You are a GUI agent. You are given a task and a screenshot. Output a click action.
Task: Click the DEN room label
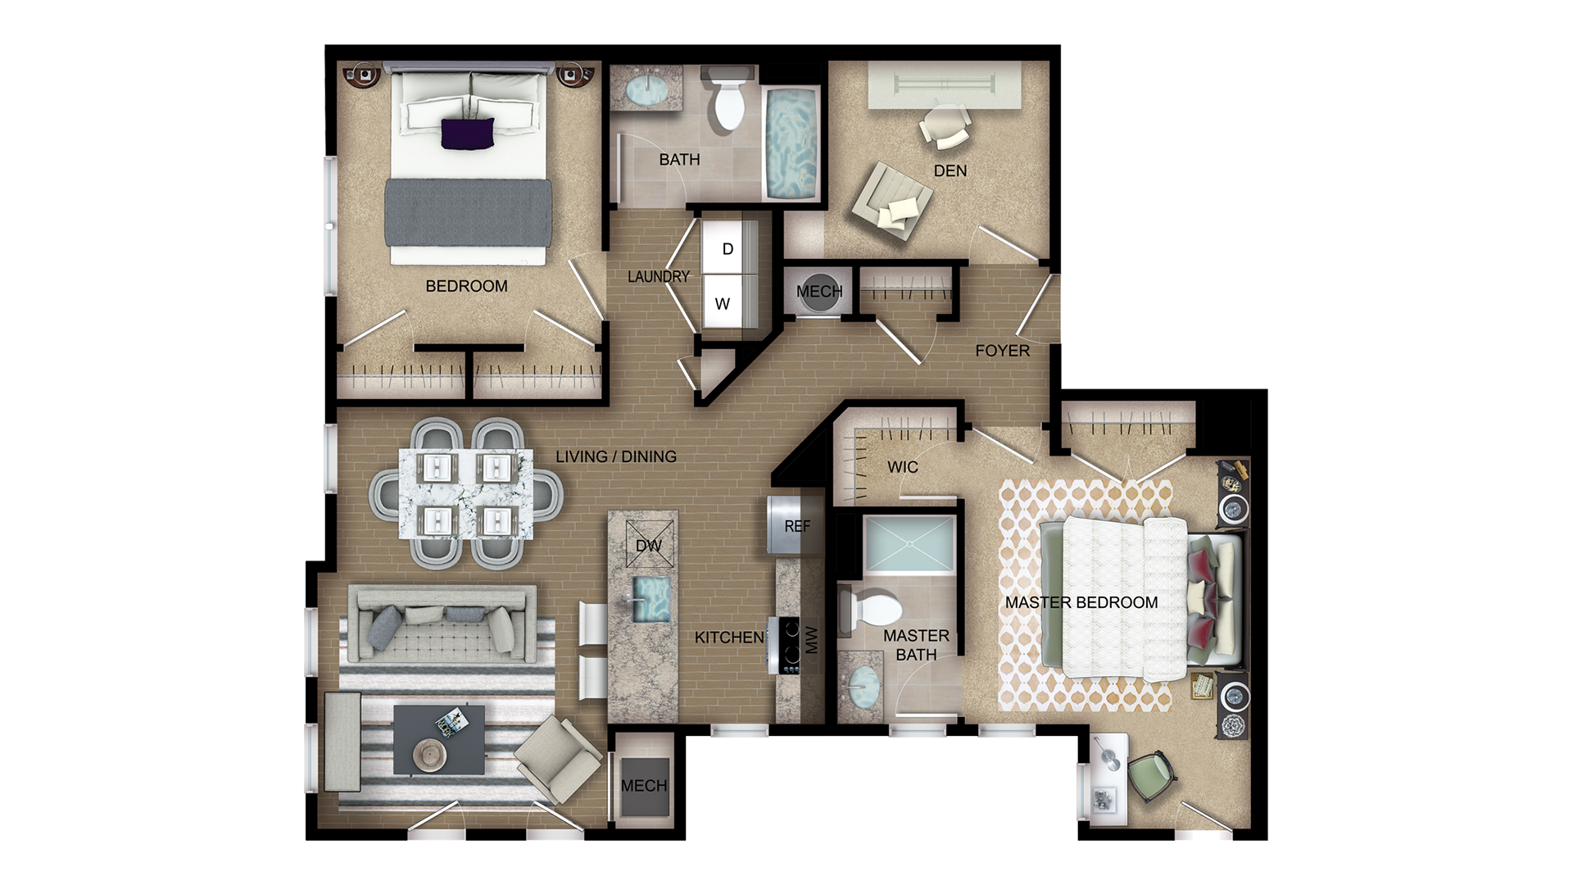[950, 170]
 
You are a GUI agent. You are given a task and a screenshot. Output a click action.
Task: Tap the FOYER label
[1002, 351]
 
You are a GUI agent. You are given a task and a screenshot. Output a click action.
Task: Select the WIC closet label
[902, 467]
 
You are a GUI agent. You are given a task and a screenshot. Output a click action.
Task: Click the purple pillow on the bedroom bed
[468, 134]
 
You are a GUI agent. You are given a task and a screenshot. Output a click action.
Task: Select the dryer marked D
[728, 249]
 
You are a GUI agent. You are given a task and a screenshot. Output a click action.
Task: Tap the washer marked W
[723, 304]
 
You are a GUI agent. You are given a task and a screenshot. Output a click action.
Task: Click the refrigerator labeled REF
[796, 525]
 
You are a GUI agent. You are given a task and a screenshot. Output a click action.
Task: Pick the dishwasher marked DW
[648, 545]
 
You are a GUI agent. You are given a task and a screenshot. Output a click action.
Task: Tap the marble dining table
[465, 492]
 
